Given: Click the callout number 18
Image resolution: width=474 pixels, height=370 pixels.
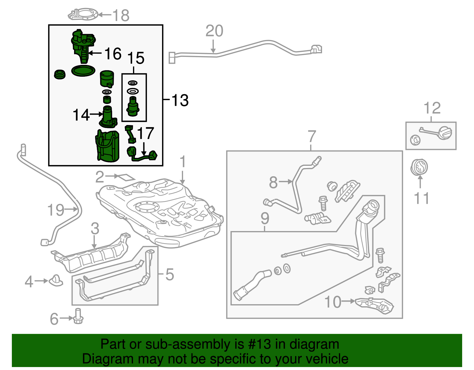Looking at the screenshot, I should coord(121,15).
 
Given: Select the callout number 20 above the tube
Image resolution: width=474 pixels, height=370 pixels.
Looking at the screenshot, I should coord(214,31).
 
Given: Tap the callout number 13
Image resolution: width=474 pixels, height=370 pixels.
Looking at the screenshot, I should coord(180,100).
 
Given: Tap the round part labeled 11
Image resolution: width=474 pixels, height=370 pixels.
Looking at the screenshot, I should coord(419,167).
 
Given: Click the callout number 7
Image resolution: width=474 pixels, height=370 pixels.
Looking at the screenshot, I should coord(312,137).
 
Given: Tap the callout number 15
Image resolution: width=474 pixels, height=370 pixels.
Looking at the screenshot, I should coord(136,58).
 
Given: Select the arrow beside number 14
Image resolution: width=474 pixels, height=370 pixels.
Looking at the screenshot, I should coord(95,114).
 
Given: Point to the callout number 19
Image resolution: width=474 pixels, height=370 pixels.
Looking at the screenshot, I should coord(56,210).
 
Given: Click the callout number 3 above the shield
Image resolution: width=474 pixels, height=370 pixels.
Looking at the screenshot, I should coord(95,229).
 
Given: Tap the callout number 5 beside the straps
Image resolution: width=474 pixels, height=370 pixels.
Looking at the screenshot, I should coord(169,274).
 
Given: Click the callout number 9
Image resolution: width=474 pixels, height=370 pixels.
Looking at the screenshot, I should coord(265,219).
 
